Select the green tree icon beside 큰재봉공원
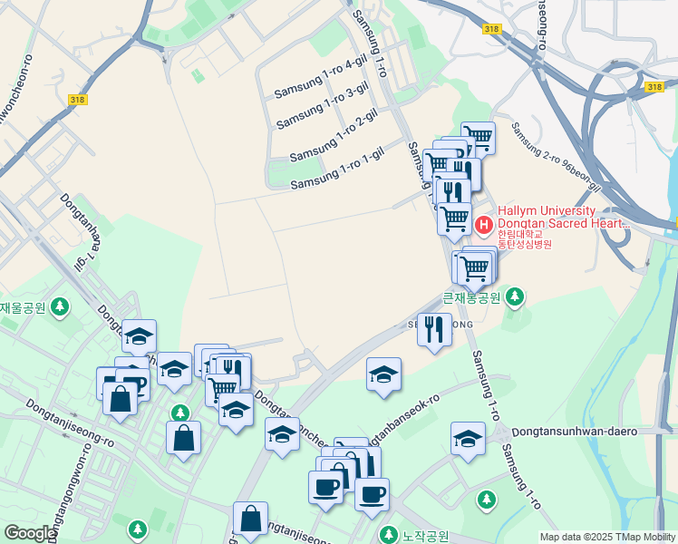pos(515,296)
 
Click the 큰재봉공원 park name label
pos(471,296)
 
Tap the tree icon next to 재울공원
pos(61,306)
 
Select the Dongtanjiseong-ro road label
pos(70,423)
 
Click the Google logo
pos(29,533)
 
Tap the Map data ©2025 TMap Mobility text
pos(606,537)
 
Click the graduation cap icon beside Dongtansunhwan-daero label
pos(468,439)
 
